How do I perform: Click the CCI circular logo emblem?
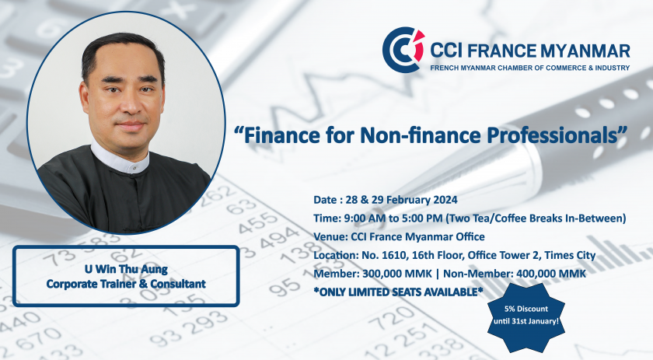pyautogui.click(x=403, y=50)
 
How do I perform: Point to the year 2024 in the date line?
pyautogui.click(x=445, y=200)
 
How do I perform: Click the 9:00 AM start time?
pyautogui.click(x=362, y=218)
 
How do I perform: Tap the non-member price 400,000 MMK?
pyautogui.click(x=551, y=274)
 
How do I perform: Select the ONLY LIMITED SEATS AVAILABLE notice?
pyautogui.click(x=398, y=292)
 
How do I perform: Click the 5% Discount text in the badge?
pyautogui.click(x=526, y=309)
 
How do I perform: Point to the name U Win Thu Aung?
pyautogui.click(x=126, y=269)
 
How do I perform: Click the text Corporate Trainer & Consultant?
pyautogui.click(x=126, y=284)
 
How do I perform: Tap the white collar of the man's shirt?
pyautogui.click(x=120, y=160)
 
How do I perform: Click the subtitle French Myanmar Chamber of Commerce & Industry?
pyautogui.click(x=529, y=68)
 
